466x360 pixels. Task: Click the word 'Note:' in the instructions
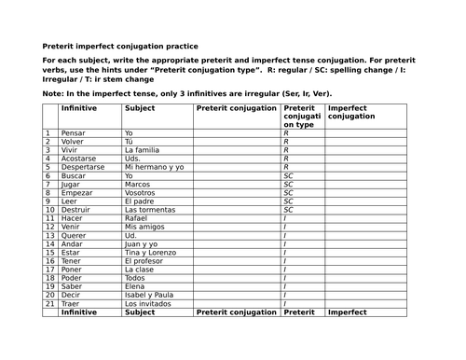(52, 93)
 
